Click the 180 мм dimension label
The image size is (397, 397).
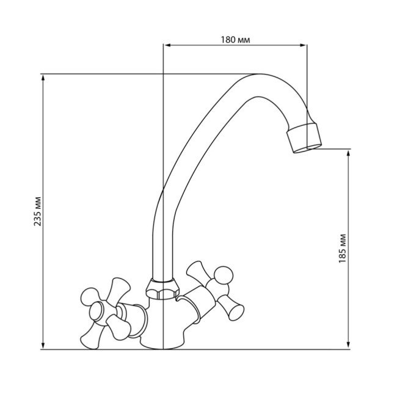[x=236, y=40]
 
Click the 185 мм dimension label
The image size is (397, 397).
[x=343, y=247]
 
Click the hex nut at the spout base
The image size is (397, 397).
[x=161, y=287]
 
